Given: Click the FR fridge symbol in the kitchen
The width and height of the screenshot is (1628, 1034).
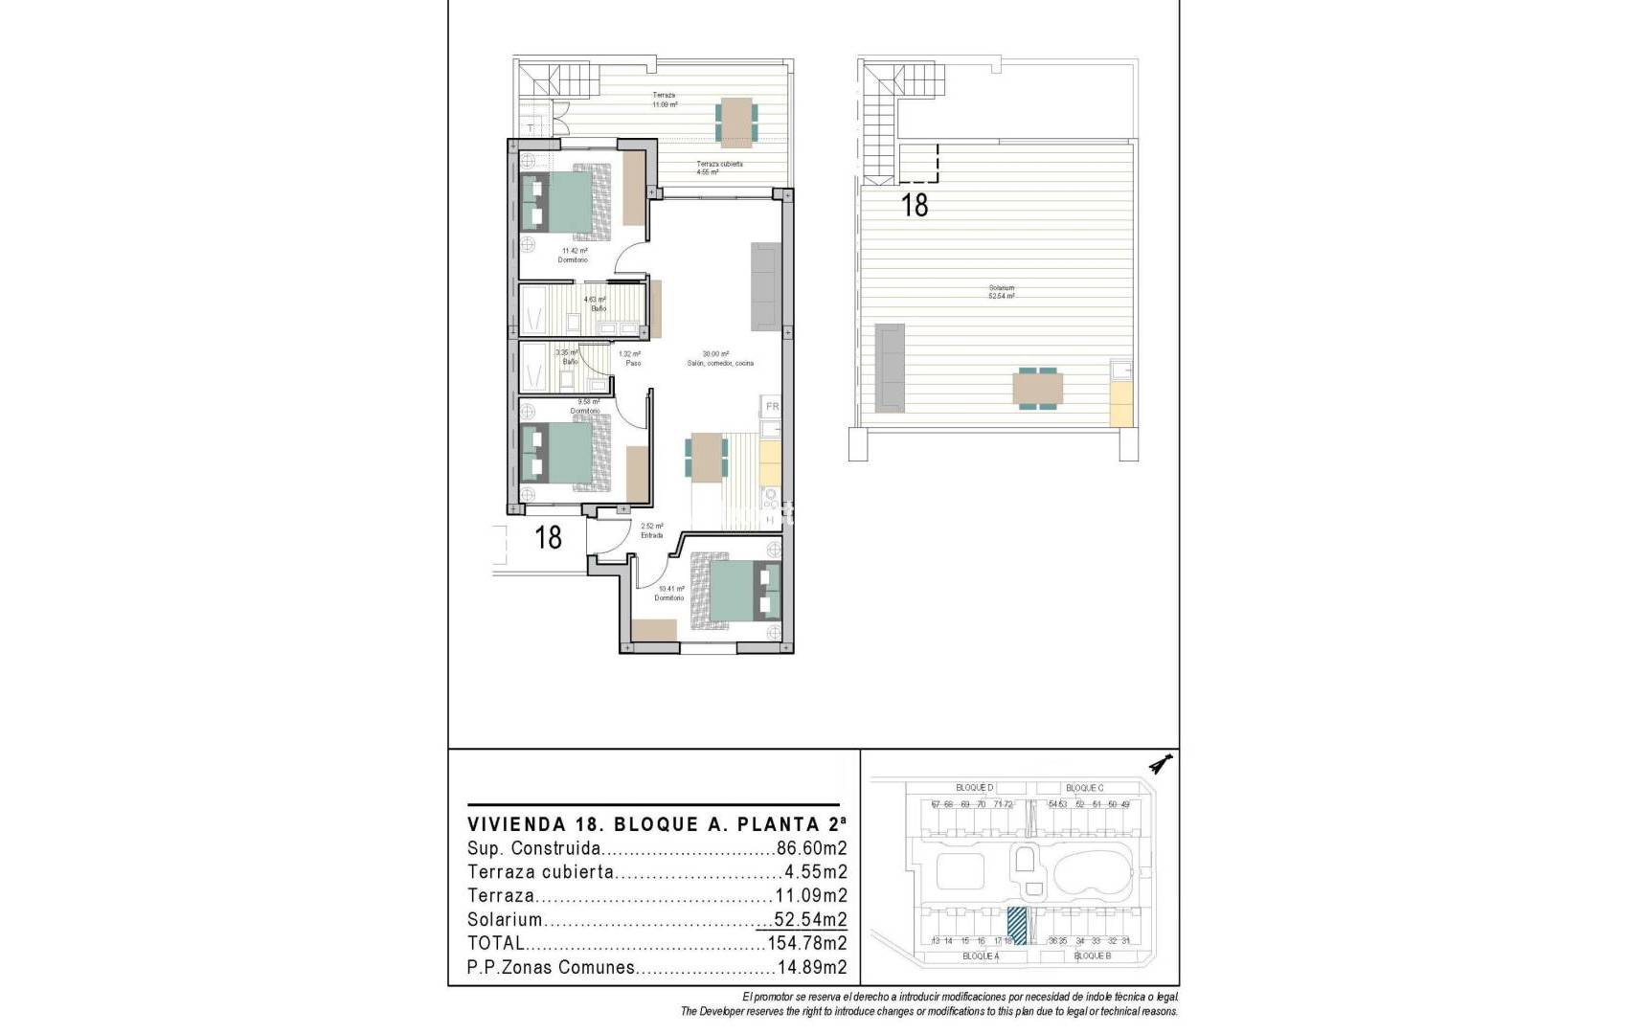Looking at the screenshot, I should pyautogui.click(x=772, y=407).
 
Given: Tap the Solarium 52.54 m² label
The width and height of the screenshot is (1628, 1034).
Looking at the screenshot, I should pyautogui.click(x=1002, y=292).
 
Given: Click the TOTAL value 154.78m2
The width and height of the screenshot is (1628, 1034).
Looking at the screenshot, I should pyautogui.click(x=806, y=943).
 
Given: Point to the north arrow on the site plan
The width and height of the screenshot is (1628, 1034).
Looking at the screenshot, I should pyautogui.click(x=1163, y=764).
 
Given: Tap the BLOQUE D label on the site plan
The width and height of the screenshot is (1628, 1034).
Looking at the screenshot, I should pyautogui.click(x=974, y=788).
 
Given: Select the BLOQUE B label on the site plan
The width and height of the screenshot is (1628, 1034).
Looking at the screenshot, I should pyautogui.click(x=1092, y=955).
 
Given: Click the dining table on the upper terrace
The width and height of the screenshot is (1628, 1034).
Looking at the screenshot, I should pyautogui.click(x=735, y=120).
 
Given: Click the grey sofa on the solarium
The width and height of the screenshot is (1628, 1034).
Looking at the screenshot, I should pyautogui.click(x=890, y=368).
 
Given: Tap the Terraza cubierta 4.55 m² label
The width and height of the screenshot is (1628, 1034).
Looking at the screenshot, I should pyautogui.click(x=719, y=168).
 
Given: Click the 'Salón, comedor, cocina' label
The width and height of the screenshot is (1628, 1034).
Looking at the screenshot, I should pyautogui.click(x=720, y=364).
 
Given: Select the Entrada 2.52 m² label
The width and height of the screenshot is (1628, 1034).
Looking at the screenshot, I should pyautogui.click(x=652, y=530).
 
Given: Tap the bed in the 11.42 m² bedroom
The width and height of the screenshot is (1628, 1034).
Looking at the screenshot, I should pyautogui.click(x=565, y=201).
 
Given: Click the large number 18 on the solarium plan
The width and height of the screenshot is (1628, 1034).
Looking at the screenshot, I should pyautogui.click(x=916, y=204).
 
